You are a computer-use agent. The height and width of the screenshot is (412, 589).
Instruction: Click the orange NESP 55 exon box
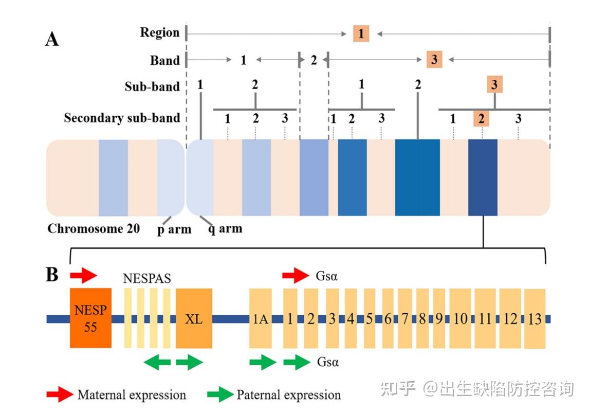(90, 318)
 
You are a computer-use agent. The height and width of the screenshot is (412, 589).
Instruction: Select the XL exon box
(194, 318)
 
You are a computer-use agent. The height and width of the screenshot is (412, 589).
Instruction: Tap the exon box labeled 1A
(260, 318)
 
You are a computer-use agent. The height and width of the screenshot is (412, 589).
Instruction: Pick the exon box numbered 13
(535, 319)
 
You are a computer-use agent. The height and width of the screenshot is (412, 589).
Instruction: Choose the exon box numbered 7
(405, 318)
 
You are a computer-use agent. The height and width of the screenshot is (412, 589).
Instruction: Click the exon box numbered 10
(460, 318)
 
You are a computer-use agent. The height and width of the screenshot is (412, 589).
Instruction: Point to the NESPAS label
(147, 278)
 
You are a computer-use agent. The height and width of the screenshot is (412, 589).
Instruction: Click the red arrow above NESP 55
(83, 276)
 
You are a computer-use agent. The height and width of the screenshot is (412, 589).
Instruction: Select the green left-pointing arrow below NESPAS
(157, 363)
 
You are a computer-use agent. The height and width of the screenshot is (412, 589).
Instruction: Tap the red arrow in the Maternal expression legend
(60, 395)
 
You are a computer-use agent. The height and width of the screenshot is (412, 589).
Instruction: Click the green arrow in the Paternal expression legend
(220, 395)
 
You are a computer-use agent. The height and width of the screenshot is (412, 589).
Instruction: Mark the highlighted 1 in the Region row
(361, 33)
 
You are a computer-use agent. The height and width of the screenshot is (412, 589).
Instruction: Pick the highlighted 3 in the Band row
(434, 59)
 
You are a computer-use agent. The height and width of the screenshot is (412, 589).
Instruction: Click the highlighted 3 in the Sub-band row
(495, 84)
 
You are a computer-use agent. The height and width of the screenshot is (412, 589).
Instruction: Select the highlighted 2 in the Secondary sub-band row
(481, 118)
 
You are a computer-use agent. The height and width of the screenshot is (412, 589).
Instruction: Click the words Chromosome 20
(94, 228)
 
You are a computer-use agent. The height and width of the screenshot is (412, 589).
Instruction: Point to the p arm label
(174, 229)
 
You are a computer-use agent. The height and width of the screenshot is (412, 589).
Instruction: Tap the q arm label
(226, 228)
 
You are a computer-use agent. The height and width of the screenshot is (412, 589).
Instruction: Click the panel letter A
(52, 39)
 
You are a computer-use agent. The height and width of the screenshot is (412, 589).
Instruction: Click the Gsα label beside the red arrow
(326, 276)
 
